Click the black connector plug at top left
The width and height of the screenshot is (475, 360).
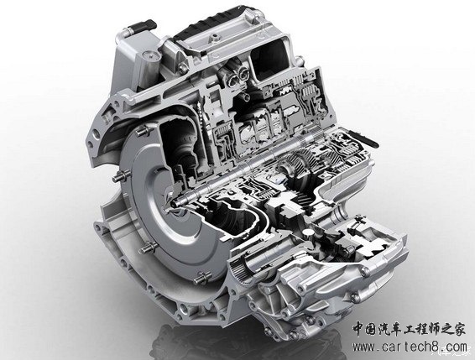pyautogui.click(x=144, y=25)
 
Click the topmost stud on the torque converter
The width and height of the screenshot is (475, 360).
pyautogui.click(x=143, y=131)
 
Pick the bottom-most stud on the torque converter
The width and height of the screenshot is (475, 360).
pyautogui.click(x=202, y=277)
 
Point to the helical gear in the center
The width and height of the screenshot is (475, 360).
pyautogui.click(x=295, y=164)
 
